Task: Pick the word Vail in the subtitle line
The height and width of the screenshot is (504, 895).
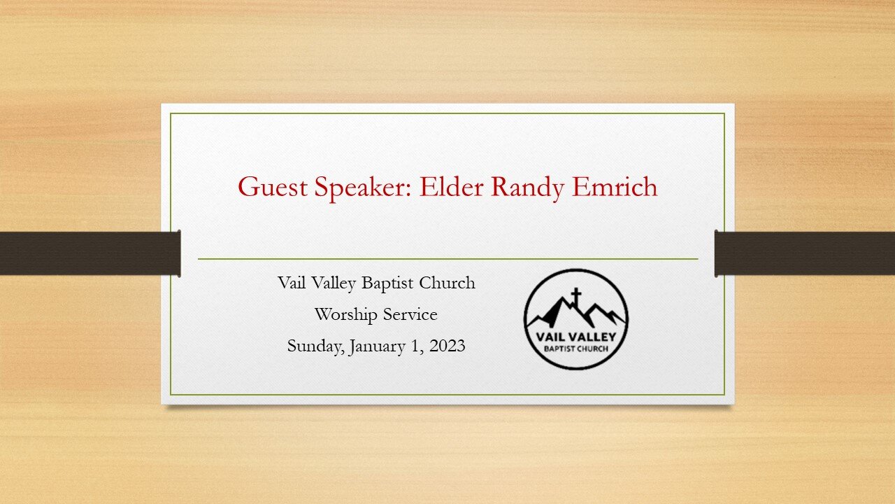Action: (292, 283)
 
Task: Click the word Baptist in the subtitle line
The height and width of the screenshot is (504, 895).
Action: (388, 283)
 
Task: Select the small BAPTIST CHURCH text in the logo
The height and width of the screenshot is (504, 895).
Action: (575, 348)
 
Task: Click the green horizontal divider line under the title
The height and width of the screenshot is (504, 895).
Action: (447, 259)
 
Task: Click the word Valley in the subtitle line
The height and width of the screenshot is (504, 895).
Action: (334, 283)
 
